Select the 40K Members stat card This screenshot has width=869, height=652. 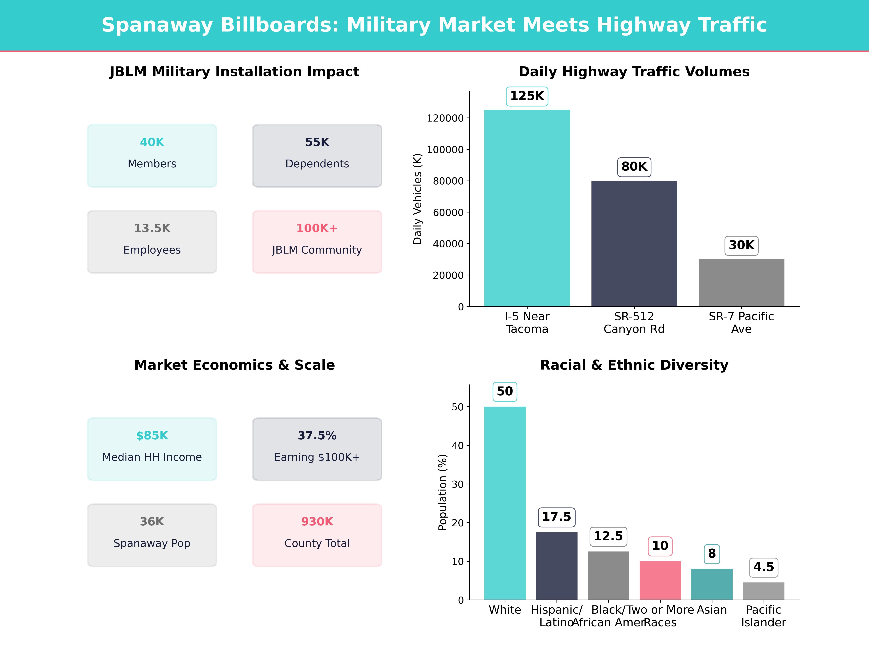coord(152,156)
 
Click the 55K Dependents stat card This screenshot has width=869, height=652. coord(317,156)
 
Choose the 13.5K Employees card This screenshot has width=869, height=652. coord(152,242)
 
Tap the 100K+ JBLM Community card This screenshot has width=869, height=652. coord(317,242)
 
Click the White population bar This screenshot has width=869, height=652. coord(505,503)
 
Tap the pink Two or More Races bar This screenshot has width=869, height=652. coord(660,580)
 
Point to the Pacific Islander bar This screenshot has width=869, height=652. coord(763,591)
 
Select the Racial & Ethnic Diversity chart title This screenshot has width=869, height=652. coord(634,365)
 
